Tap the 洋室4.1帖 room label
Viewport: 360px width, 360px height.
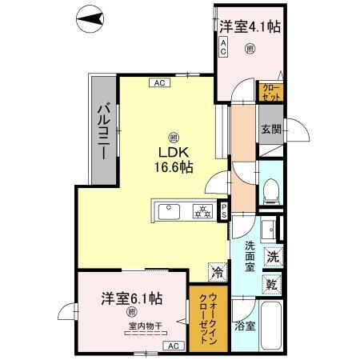[x=250, y=26]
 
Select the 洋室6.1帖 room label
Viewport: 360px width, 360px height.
[x=132, y=298]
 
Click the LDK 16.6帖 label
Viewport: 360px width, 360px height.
[x=174, y=160]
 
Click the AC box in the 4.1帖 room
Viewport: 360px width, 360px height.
[x=224, y=46]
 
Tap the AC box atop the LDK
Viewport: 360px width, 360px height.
[x=158, y=81]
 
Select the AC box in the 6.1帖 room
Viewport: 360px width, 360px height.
[x=173, y=345]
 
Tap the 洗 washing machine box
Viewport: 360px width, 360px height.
[x=272, y=258]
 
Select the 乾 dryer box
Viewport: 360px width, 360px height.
[x=272, y=284]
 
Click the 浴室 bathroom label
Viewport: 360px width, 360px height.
[x=246, y=326]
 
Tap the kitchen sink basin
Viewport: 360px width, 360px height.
[x=169, y=211]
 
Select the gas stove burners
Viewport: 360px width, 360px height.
[x=203, y=211]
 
